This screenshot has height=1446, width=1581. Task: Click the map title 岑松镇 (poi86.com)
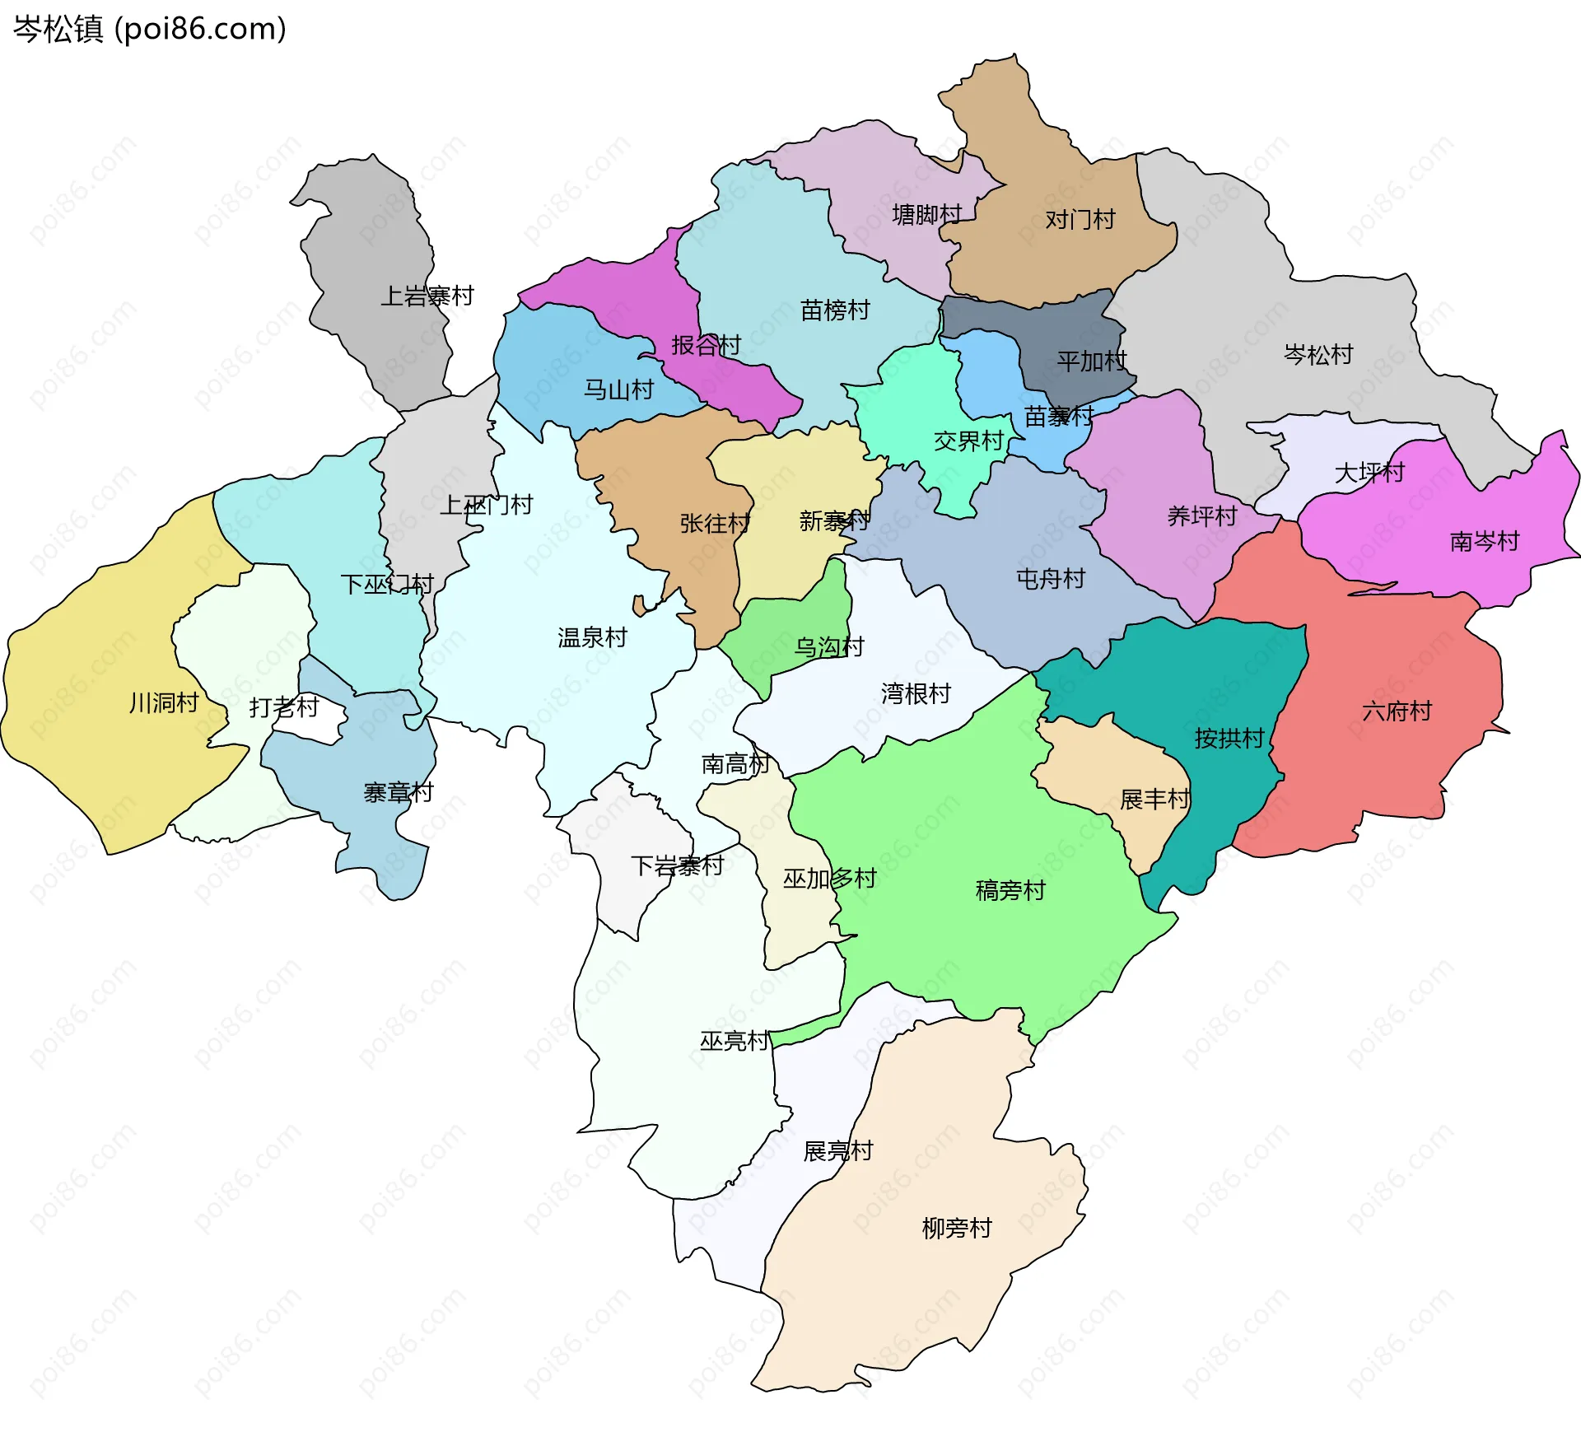tap(150, 29)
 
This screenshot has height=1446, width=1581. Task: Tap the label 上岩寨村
tap(427, 296)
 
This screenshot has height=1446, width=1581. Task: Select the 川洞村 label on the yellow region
tap(164, 702)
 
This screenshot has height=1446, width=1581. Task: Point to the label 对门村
tap(1080, 219)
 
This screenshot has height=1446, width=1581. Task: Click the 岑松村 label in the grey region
tap(1318, 354)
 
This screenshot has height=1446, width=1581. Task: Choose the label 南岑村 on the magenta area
tap(1484, 541)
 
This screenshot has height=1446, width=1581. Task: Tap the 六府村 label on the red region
tap(1397, 711)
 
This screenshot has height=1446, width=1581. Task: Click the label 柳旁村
tap(956, 1228)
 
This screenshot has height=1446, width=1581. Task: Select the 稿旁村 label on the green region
tap(1010, 890)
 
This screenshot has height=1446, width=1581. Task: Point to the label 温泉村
tap(592, 637)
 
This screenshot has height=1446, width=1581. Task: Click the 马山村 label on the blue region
tap(618, 389)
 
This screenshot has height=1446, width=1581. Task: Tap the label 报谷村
tap(706, 345)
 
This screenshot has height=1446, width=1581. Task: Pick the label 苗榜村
tap(835, 310)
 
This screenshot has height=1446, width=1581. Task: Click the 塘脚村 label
tap(926, 215)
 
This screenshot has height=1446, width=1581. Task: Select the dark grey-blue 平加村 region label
tap(1091, 361)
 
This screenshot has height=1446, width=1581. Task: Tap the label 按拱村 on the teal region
tap(1229, 738)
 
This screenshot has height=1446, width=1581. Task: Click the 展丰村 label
tap(1154, 799)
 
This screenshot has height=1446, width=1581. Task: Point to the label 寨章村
tap(398, 792)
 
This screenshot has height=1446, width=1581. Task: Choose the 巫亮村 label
tap(734, 1041)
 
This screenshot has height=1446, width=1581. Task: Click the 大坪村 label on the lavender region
tap(1369, 472)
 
